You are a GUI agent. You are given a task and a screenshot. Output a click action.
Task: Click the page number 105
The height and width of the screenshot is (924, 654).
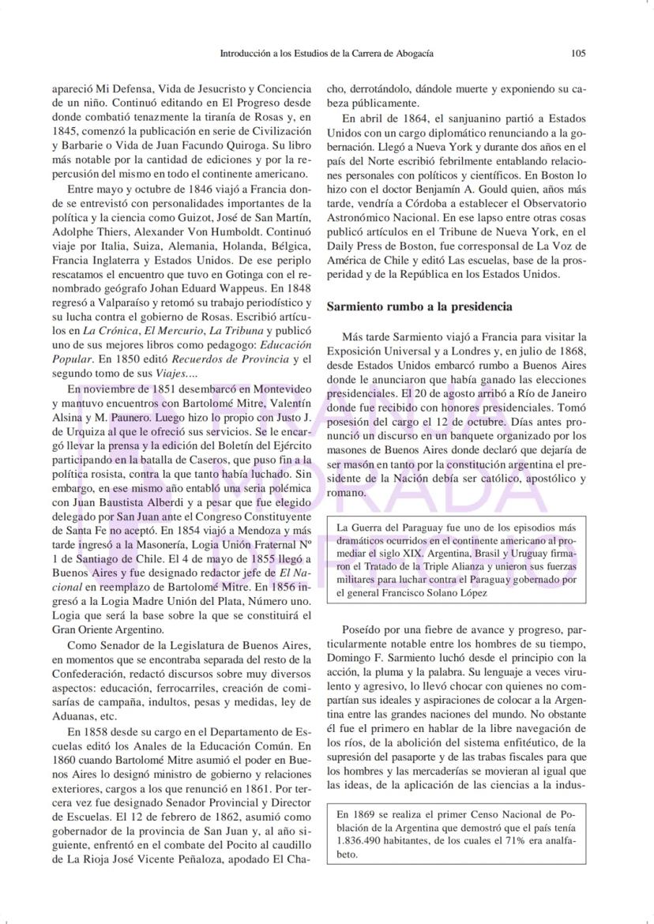coord(578,54)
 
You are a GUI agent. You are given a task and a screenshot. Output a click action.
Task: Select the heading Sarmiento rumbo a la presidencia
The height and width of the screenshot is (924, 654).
coord(419,306)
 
